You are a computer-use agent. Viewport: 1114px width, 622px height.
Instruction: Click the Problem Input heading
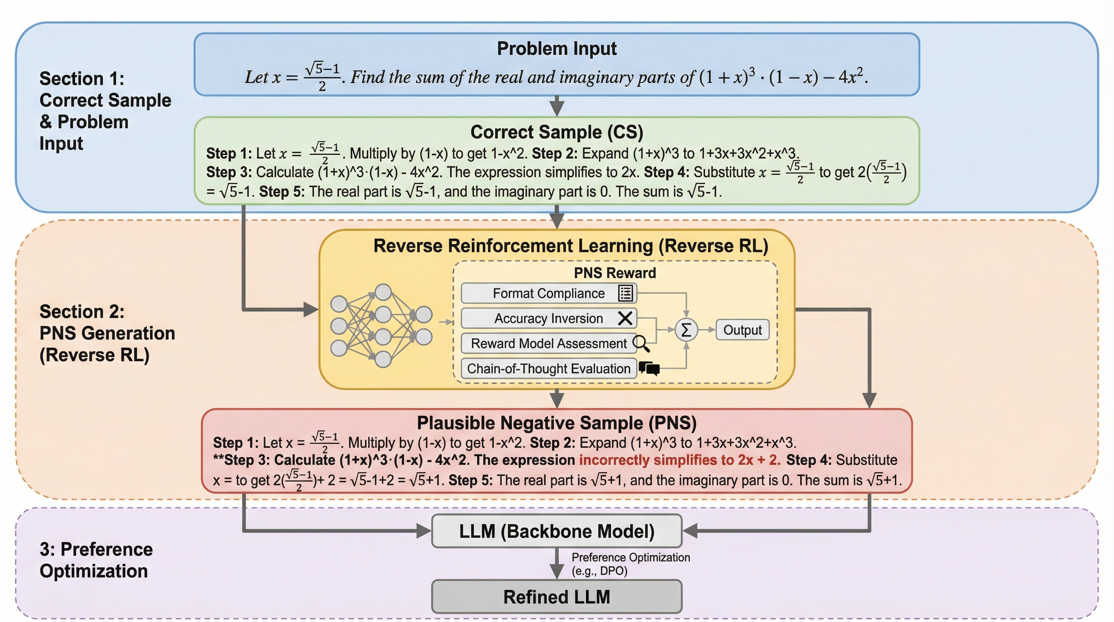pos(557,49)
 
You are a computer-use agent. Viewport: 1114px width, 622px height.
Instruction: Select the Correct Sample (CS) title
pos(557,132)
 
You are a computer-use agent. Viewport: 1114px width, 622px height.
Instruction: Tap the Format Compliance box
pos(548,293)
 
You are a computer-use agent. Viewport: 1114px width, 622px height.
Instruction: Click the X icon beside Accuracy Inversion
pos(625,318)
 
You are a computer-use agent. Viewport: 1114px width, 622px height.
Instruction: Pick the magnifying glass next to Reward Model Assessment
pos(641,343)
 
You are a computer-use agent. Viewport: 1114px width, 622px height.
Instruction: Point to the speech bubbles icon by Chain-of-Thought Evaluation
pos(649,369)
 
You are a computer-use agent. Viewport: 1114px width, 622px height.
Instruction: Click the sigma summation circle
pos(686,330)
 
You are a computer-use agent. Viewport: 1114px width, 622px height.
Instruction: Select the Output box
pos(742,330)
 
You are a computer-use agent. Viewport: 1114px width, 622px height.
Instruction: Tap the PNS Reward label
pos(614,273)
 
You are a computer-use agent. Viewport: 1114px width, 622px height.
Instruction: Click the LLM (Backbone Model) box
pos(557,531)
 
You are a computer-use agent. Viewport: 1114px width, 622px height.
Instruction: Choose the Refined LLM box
pos(557,597)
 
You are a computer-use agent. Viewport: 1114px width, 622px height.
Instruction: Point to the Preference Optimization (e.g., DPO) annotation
pos(630,564)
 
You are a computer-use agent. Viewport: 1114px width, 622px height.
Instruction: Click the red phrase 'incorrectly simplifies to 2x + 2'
pos(679,460)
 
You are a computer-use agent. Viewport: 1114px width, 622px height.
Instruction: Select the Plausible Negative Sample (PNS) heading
pos(557,423)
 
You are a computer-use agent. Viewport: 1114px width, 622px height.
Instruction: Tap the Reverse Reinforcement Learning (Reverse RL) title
pos(570,246)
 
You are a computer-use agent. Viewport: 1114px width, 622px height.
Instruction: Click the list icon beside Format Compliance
pos(625,293)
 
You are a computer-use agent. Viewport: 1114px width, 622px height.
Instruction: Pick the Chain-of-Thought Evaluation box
pos(548,369)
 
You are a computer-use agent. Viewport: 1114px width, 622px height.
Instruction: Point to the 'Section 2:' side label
pos(82,311)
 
